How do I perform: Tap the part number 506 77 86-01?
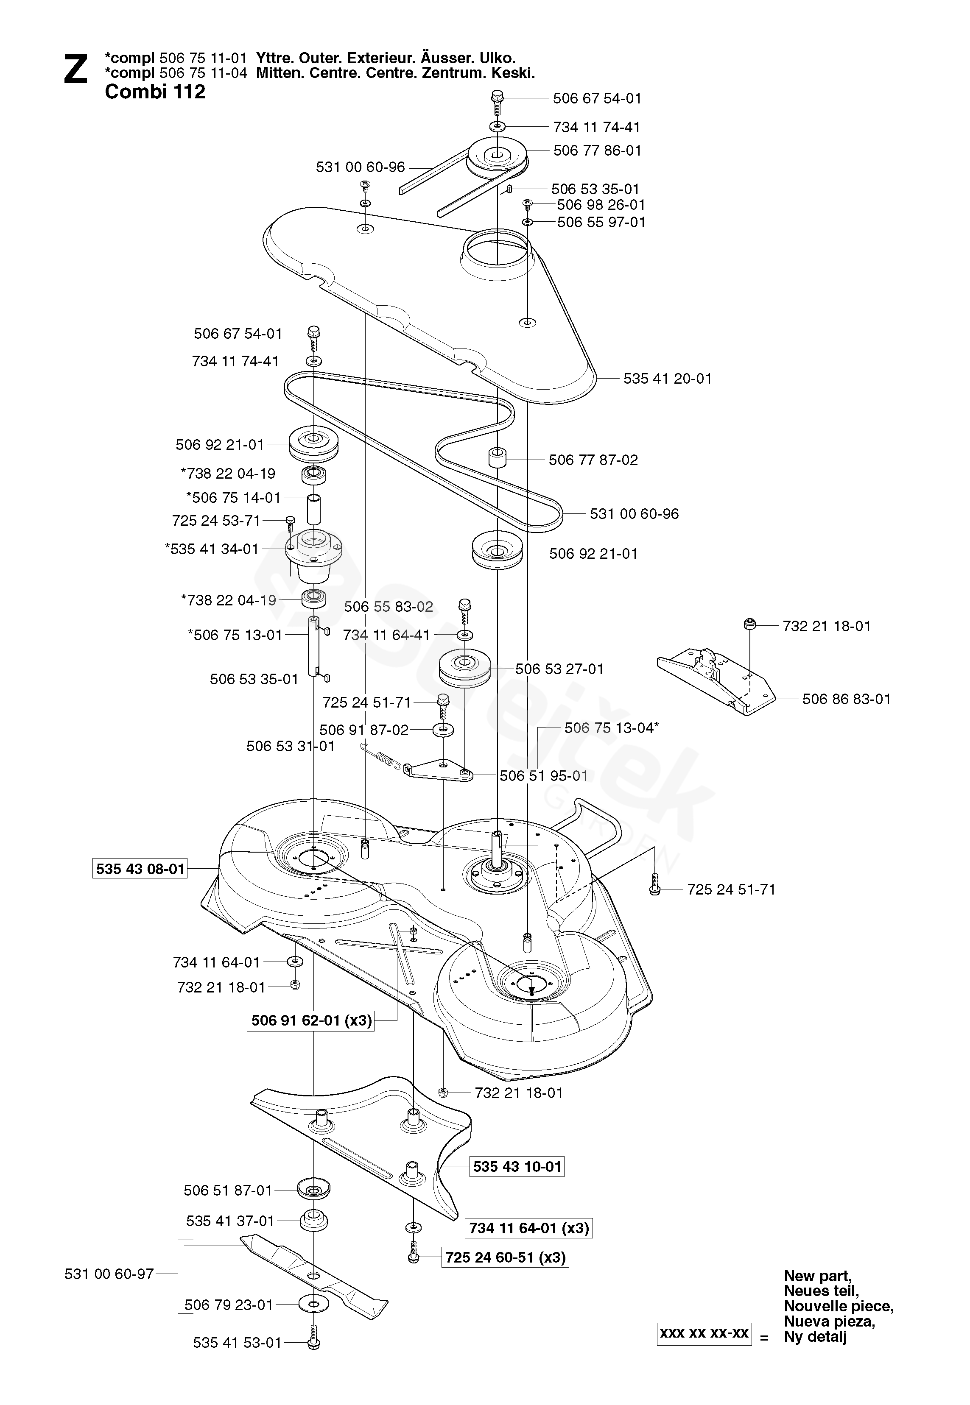click(x=597, y=150)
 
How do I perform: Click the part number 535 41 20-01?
click(x=667, y=379)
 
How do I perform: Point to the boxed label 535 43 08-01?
click(x=140, y=869)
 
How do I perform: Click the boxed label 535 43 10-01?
click(x=517, y=1166)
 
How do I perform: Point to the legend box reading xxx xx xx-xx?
click(x=704, y=1333)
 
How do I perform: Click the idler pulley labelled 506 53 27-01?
click(x=464, y=668)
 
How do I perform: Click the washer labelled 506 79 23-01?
click(x=313, y=1304)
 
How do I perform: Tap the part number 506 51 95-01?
click(x=543, y=776)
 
